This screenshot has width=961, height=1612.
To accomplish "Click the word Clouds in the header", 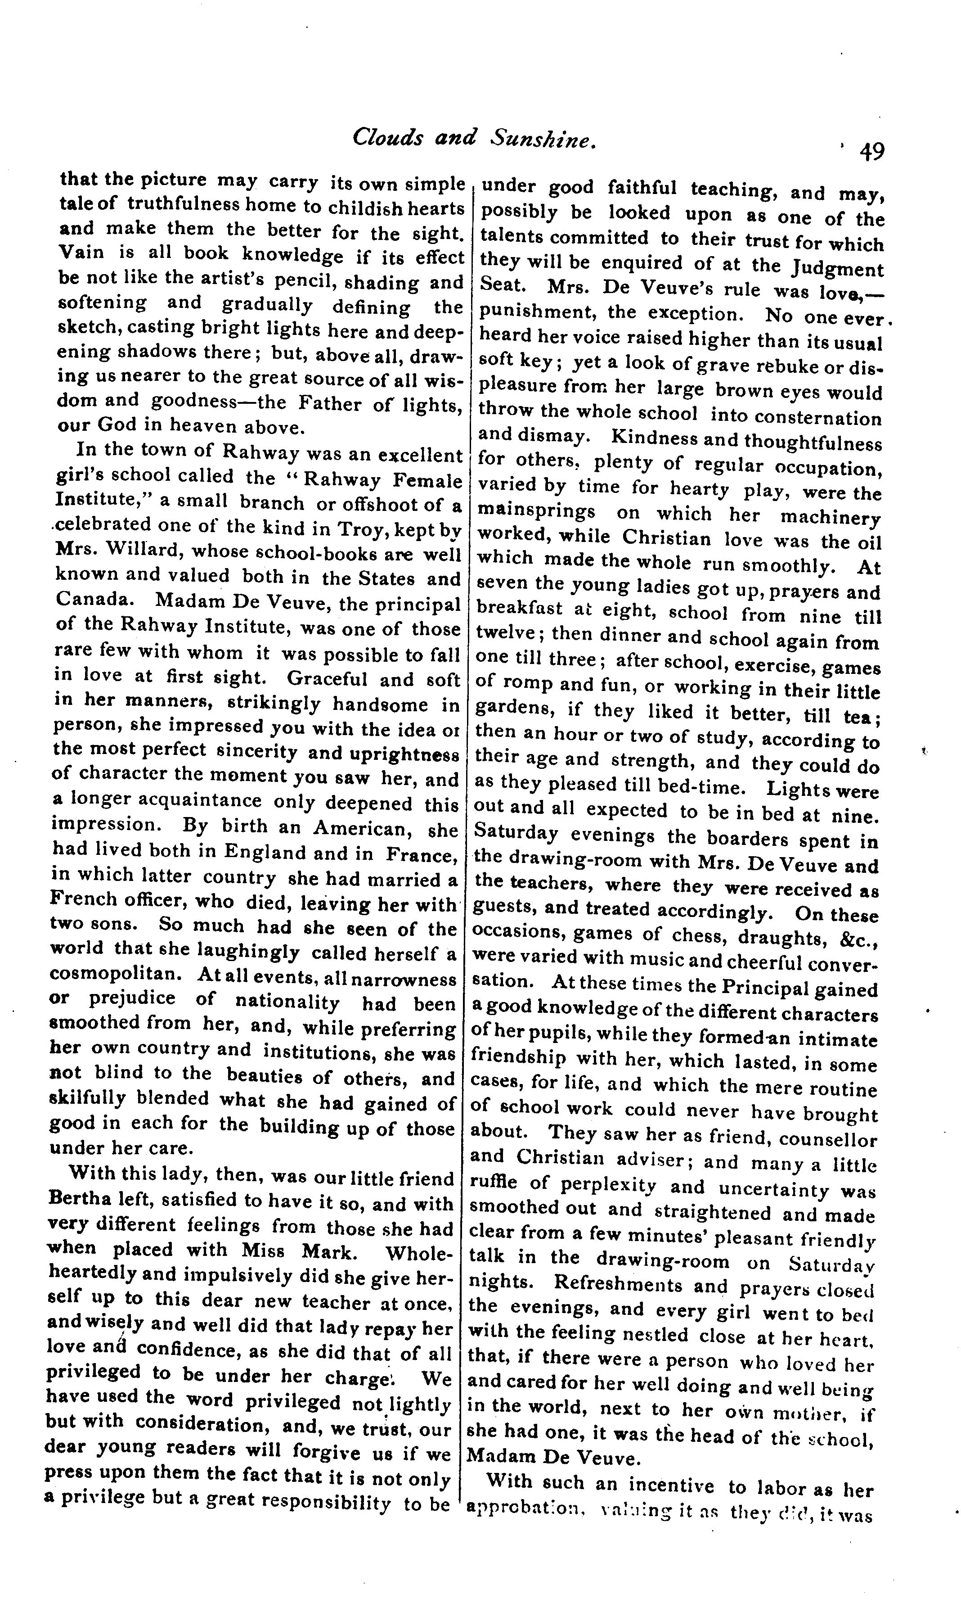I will point(379,137).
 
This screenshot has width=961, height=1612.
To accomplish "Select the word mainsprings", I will point(536,511).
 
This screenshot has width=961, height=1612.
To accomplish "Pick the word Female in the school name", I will point(427,482).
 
